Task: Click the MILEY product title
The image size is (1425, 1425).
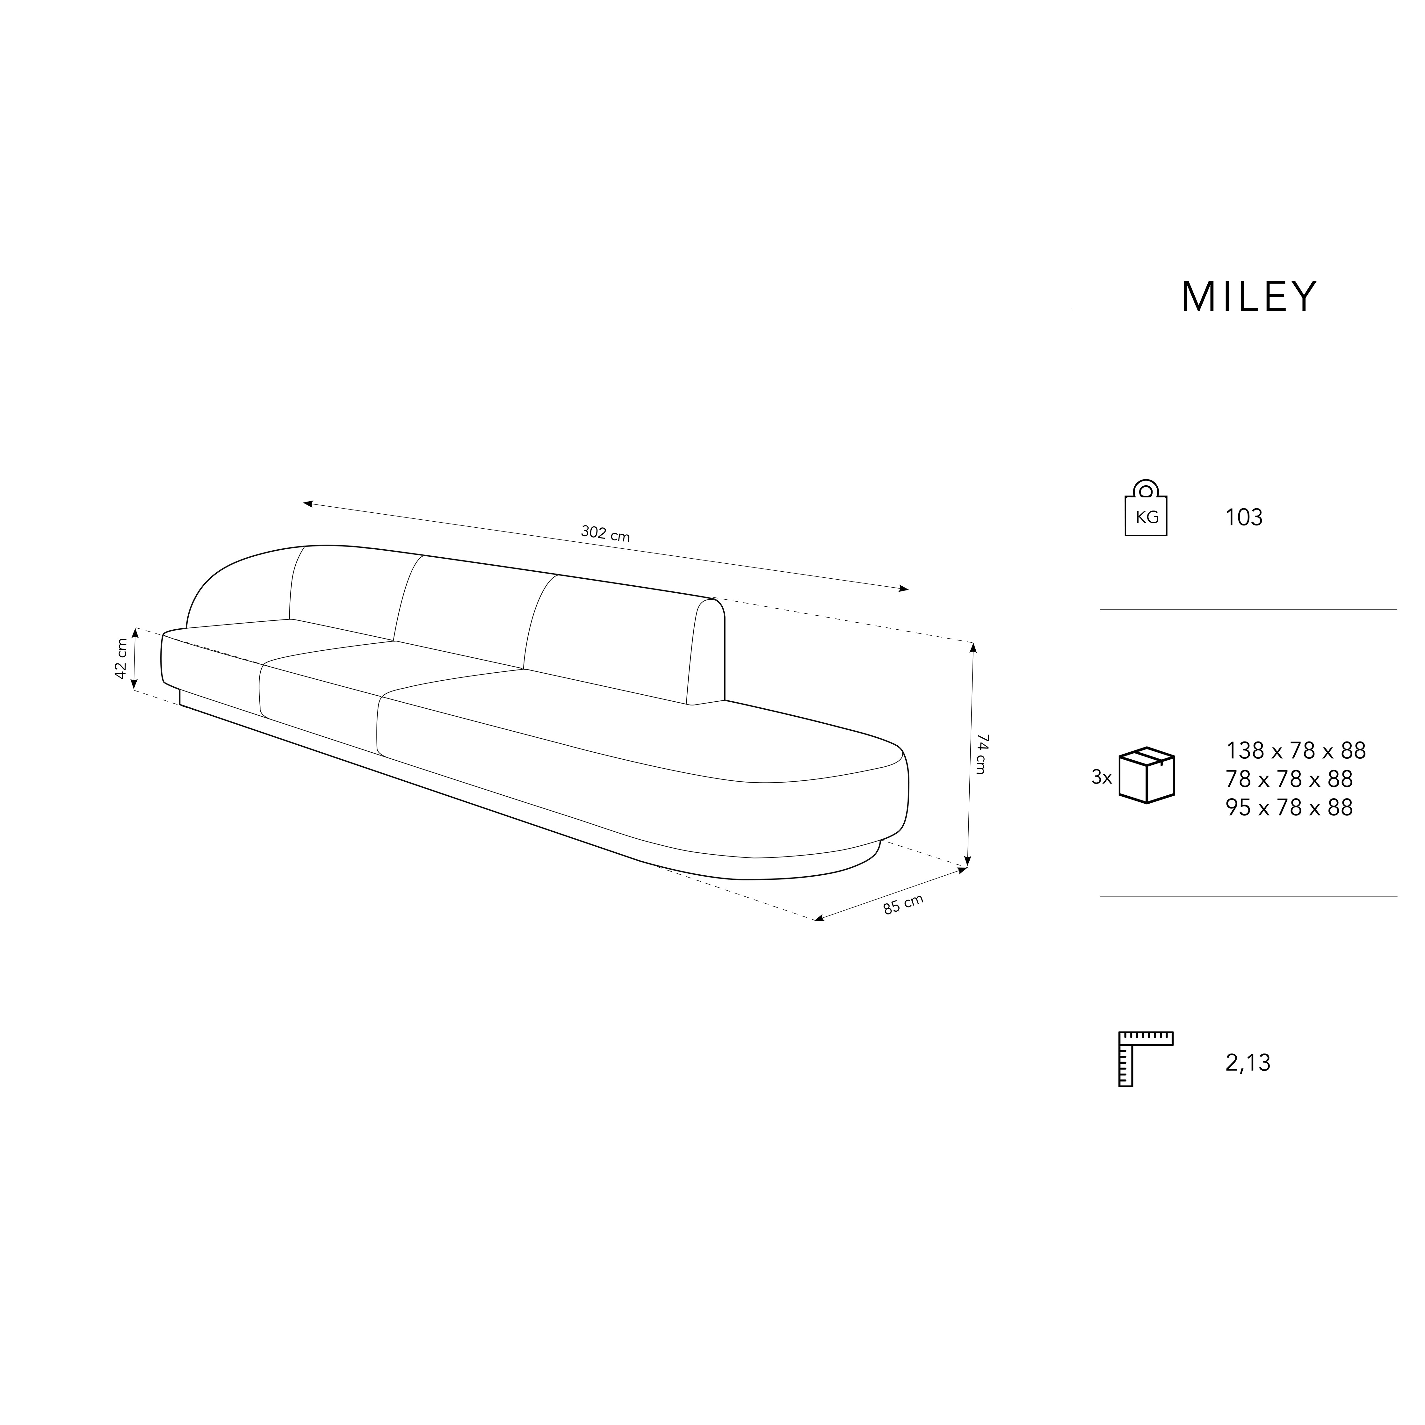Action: click(x=1249, y=297)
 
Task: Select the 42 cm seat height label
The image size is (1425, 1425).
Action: click(x=122, y=659)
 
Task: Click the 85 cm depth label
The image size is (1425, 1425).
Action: click(x=903, y=904)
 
